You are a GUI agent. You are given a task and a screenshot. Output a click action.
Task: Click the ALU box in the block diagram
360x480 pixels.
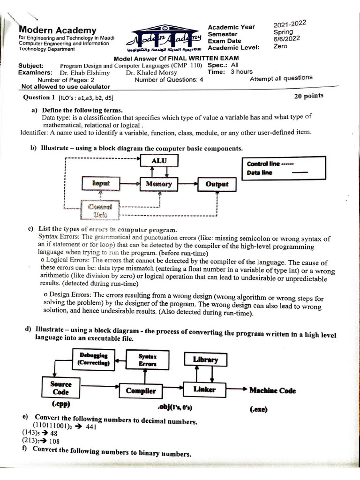(x=158, y=161)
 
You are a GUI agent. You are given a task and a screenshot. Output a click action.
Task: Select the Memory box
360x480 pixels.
(x=158, y=184)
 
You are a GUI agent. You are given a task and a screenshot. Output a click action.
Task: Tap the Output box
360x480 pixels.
(x=217, y=184)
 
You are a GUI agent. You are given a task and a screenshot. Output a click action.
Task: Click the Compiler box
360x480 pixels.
(x=141, y=390)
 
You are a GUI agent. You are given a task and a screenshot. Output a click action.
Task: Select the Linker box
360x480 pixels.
(x=204, y=390)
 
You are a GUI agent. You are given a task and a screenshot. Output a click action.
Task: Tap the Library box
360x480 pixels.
(x=205, y=360)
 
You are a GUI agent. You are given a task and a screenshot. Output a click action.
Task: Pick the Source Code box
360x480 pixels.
(x=60, y=388)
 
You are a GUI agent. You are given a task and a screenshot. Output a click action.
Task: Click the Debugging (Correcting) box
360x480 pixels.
(x=93, y=359)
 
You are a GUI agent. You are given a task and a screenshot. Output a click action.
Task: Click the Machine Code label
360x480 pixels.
(x=272, y=390)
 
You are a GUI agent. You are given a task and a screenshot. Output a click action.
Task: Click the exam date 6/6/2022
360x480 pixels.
(x=285, y=39)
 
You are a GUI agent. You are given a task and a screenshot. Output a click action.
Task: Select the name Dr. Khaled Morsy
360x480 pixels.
(x=152, y=73)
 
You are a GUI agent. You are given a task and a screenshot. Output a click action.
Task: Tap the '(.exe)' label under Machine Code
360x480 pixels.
(x=258, y=409)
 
